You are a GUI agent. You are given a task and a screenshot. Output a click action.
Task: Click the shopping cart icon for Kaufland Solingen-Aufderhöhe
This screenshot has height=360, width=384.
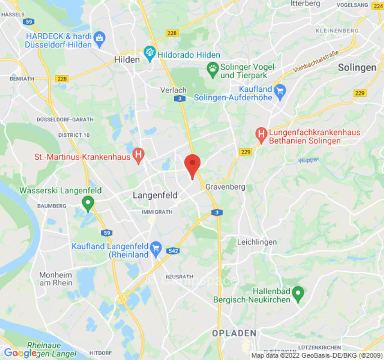click(x=280, y=92)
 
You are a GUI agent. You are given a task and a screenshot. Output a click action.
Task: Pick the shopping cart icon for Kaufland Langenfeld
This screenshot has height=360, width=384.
click(x=156, y=247)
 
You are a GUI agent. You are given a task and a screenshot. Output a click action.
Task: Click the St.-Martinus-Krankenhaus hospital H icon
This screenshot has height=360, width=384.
click(x=139, y=157)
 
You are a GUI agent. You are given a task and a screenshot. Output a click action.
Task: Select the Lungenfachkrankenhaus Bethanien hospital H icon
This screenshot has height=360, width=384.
click(x=261, y=134)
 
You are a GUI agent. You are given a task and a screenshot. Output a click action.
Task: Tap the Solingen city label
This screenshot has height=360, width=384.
click(x=357, y=67)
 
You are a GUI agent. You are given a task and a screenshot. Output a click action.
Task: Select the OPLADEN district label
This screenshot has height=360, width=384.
click(x=234, y=333)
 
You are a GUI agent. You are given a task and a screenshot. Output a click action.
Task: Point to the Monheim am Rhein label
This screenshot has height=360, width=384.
click(x=56, y=279)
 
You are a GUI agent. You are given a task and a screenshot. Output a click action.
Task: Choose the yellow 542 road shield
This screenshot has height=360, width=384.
click(x=172, y=251)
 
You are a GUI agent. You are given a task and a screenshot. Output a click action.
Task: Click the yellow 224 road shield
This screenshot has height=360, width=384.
click(x=378, y=6)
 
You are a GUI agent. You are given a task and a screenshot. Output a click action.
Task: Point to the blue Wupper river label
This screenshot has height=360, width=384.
click(x=308, y=160)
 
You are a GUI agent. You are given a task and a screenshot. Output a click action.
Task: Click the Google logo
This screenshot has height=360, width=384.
click(x=20, y=353)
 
